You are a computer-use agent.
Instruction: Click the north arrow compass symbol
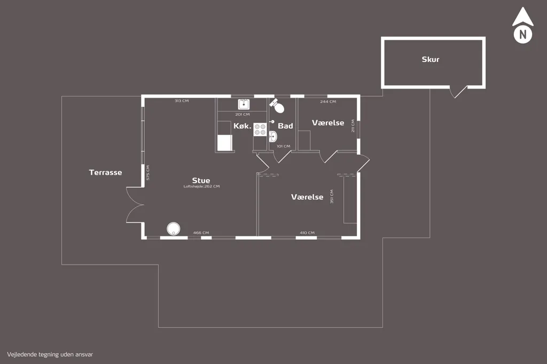(522, 26)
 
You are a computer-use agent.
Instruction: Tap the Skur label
(431, 59)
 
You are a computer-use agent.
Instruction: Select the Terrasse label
(105, 172)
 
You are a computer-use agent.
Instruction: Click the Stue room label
(201, 180)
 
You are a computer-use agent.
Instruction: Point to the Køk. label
(243, 126)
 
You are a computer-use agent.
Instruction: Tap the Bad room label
(285, 126)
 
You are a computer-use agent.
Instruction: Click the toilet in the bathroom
(277, 105)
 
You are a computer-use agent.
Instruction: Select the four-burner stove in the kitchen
(260, 129)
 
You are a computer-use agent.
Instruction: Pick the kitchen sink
(244, 104)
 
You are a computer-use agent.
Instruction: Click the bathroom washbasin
(273, 136)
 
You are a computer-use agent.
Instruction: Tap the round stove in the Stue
(174, 229)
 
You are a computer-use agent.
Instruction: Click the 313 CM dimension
(182, 101)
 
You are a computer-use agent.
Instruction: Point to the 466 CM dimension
(201, 233)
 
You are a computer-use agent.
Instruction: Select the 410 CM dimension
(307, 233)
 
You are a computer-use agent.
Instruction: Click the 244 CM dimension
(329, 101)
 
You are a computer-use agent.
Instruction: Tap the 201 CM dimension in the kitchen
(243, 114)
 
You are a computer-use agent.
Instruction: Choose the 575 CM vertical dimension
(148, 172)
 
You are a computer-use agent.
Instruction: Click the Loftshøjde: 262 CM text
(201, 186)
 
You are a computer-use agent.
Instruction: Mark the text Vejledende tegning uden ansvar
(50, 354)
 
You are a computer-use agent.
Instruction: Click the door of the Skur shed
(458, 91)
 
